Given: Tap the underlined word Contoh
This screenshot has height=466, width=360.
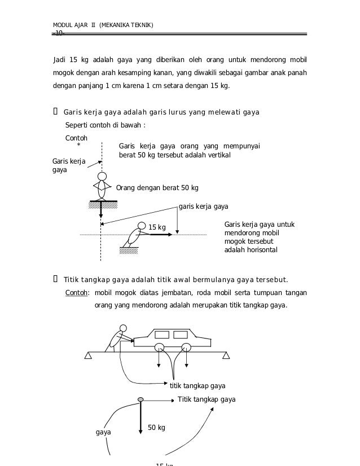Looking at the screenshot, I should point(76,293).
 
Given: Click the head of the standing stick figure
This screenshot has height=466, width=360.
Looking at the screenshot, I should point(102,177).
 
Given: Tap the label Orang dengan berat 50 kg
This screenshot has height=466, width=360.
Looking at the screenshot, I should point(157,188).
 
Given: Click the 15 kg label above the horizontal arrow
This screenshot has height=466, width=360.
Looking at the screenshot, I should point(157,227).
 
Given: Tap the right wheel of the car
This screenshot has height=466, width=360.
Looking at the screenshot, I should point(186,348).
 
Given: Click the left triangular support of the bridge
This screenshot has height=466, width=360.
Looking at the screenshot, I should point(88,355).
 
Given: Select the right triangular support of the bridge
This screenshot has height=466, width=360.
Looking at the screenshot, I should point(226,355).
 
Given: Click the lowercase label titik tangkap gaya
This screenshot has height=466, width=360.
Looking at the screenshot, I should point(197,386).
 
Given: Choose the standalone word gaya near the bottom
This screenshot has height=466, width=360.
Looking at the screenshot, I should point(103,433).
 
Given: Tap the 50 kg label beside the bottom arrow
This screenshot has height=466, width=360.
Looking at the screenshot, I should point(156,428).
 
